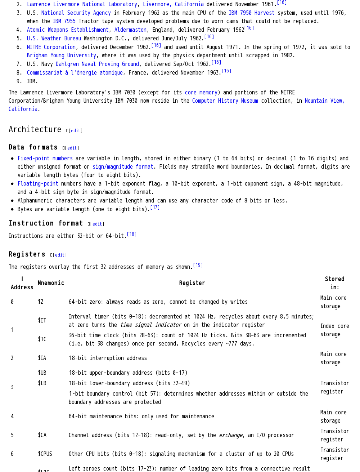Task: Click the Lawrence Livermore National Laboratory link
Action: pos(82,4)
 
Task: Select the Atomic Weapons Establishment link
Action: pos(68,30)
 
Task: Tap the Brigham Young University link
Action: pos(61,55)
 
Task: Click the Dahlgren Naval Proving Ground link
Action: pos(97,64)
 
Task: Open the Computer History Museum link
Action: pos(225,101)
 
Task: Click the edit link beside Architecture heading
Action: pos(76,131)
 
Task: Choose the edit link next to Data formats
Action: pos(72,148)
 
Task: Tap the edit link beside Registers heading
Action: pos(60,255)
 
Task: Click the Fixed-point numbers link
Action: pos(45,159)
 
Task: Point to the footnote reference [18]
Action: pos(132,234)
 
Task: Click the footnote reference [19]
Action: pos(198,265)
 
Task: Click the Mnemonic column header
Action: pos(51,283)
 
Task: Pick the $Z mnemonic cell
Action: pos(41,302)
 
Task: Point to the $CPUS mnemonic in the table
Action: pos(45,454)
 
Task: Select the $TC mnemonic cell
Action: pos(42,339)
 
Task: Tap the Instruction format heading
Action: pos(46,223)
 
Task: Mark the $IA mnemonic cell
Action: pos(42,358)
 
